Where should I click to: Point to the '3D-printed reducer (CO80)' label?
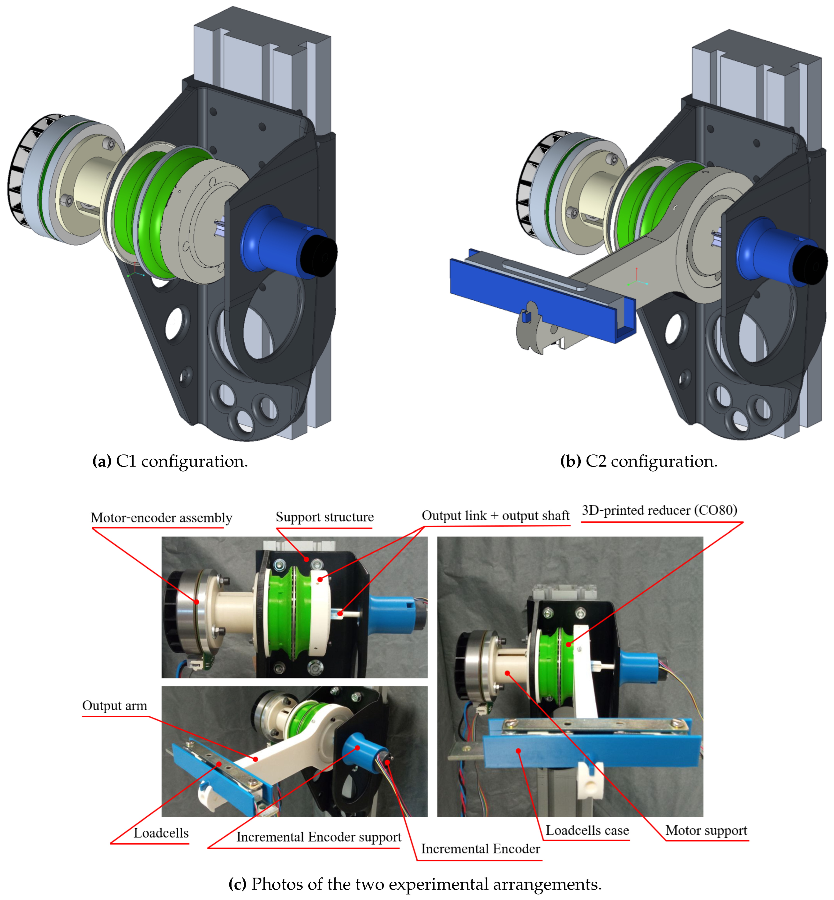(659, 510)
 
